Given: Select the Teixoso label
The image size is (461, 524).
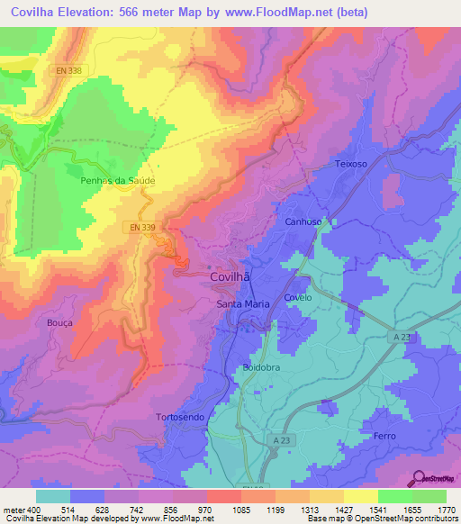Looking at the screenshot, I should pyautogui.click(x=352, y=165).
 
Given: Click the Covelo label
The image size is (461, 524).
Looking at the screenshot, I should pyautogui.click(x=297, y=297).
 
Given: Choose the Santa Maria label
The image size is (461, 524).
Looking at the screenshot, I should pyautogui.click(x=244, y=304).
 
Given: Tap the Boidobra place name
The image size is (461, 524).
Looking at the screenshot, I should pyautogui.click(x=263, y=367).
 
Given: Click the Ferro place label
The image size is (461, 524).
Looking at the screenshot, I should pyautogui.click(x=384, y=436).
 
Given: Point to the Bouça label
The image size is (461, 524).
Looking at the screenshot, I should pyautogui.click(x=59, y=321).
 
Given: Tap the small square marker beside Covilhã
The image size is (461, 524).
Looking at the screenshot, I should pyautogui.click(x=210, y=267).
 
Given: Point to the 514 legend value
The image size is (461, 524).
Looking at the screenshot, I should pyautogui.click(x=69, y=510).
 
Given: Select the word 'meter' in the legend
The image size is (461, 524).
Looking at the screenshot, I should pyautogui.click(x=15, y=510).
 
